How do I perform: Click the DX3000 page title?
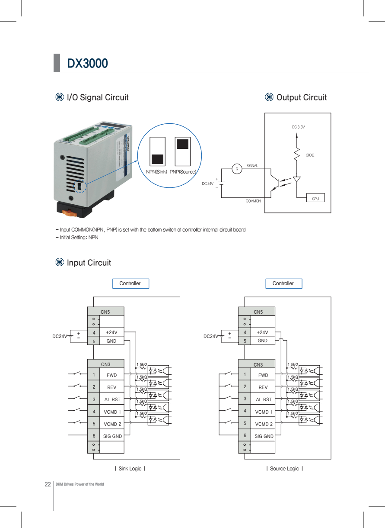click(87, 64)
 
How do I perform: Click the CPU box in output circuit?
click(315, 198)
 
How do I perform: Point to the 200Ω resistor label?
click(310, 155)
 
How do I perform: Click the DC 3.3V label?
click(298, 127)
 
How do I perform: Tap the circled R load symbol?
click(236, 169)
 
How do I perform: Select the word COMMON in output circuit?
click(253, 201)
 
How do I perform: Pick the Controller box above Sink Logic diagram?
click(130, 283)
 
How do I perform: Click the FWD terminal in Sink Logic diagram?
click(111, 375)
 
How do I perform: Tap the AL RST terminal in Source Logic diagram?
click(264, 399)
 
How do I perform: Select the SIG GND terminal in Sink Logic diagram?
click(112, 436)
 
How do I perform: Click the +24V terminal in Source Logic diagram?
click(262, 332)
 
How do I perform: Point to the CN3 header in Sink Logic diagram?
click(105, 364)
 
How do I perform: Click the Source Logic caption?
click(284, 469)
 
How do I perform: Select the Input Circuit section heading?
click(89, 263)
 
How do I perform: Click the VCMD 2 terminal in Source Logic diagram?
click(263, 424)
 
